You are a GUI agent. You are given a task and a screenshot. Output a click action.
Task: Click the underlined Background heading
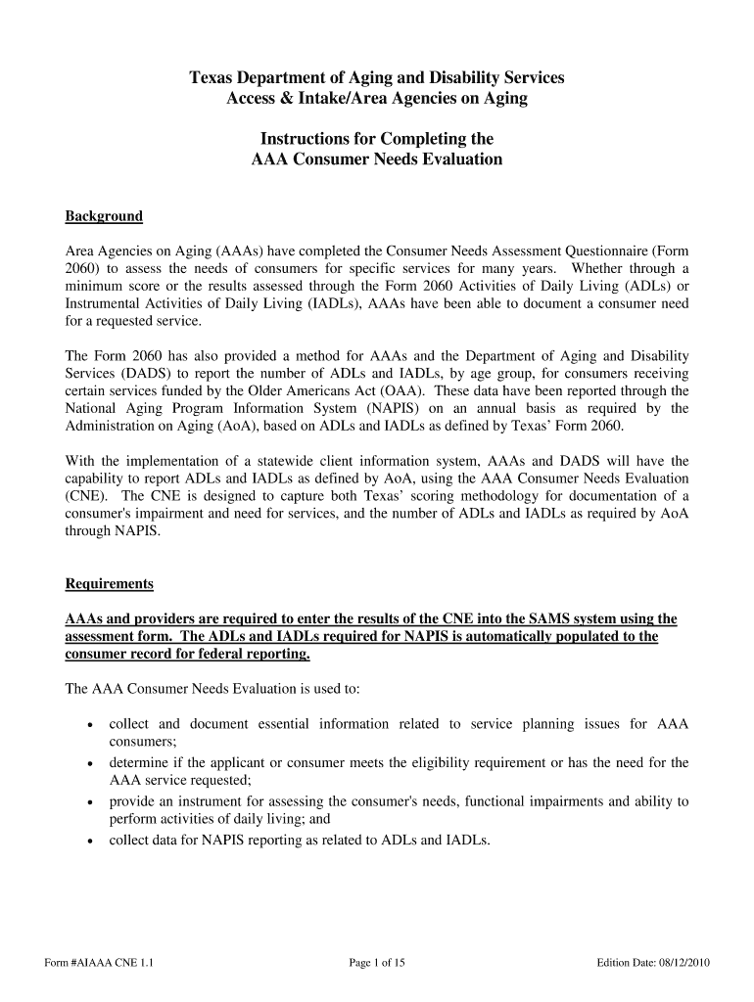(104, 216)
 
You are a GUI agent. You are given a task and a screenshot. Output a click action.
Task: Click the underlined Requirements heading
(109, 584)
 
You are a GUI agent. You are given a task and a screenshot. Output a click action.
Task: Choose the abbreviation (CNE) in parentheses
(86, 496)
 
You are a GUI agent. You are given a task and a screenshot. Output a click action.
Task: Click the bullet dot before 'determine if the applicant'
(90, 763)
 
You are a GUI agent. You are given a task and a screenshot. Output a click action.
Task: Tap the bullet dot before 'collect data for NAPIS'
(90, 841)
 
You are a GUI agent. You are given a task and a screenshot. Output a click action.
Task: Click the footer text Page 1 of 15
(377, 963)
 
